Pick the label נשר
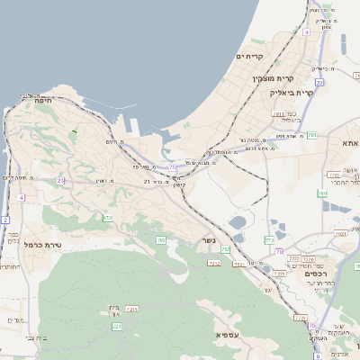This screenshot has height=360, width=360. click(207, 240)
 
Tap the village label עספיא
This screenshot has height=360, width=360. click(228, 334)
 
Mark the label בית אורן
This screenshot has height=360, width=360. click(113, 308)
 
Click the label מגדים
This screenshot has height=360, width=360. click(14, 319)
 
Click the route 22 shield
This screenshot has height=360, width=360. click(319, 82)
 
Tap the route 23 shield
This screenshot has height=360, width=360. click(61, 181)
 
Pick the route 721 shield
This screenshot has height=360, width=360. click(117, 326)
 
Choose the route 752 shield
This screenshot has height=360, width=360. click(226, 248)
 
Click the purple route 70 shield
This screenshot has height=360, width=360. click(279, 251)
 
